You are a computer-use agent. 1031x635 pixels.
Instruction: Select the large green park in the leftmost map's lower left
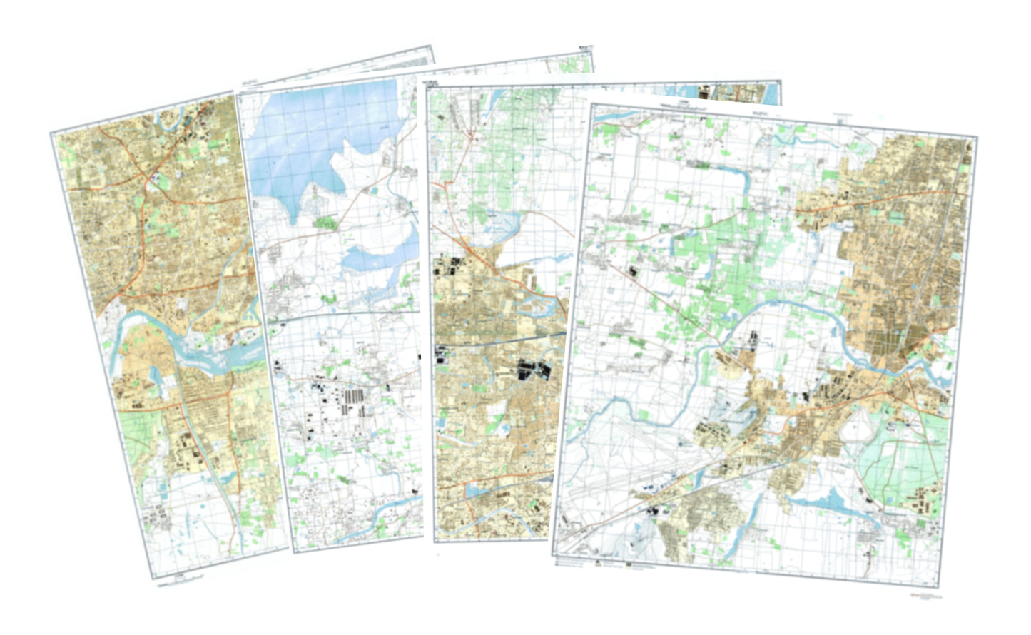coord(140,435)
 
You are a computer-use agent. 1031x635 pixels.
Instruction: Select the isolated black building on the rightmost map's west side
coord(632,272)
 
